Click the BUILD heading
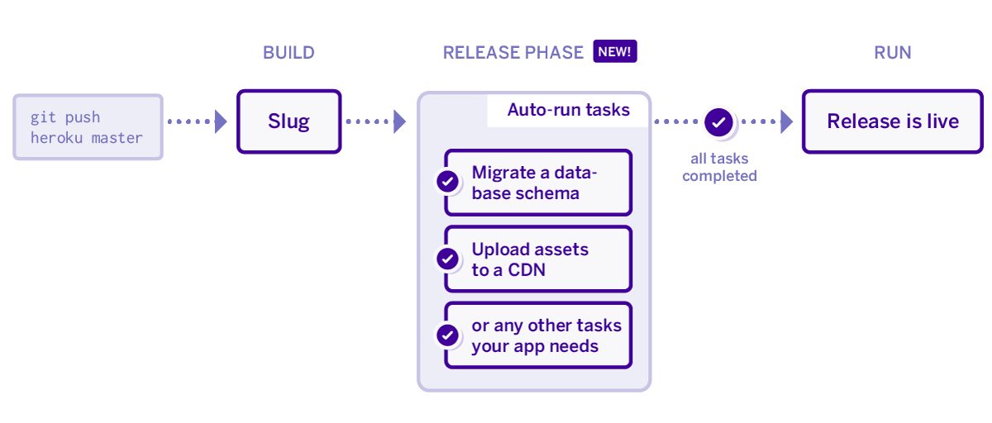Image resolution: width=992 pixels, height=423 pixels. (289, 53)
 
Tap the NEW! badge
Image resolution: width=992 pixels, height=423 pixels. (615, 52)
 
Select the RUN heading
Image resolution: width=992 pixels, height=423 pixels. (893, 53)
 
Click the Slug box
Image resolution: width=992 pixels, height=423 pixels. (289, 121)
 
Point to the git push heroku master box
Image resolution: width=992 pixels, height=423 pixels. (88, 127)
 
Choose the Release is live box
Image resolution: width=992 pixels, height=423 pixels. (893, 121)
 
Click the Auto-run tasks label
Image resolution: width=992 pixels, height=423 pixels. (569, 110)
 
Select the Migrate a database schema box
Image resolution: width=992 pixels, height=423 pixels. (538, 183)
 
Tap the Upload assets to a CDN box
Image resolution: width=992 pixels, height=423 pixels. (538, 259)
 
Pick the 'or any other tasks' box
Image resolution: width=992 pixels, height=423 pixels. (538, 335)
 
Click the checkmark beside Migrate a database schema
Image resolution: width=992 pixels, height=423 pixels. (448, 182)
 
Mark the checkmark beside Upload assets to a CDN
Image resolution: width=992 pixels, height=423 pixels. (448, 259)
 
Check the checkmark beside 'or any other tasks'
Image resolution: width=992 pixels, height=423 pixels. (448, 335)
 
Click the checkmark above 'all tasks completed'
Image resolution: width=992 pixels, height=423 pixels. (719, 122)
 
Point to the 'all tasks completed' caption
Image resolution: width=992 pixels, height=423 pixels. (719, 167)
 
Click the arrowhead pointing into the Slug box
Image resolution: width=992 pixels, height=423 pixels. (221, 121)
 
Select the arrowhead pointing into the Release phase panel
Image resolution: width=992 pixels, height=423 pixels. (399, 121)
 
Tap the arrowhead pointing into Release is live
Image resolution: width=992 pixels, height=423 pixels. (786, 121)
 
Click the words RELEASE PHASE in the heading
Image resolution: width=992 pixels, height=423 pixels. (513, 53)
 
